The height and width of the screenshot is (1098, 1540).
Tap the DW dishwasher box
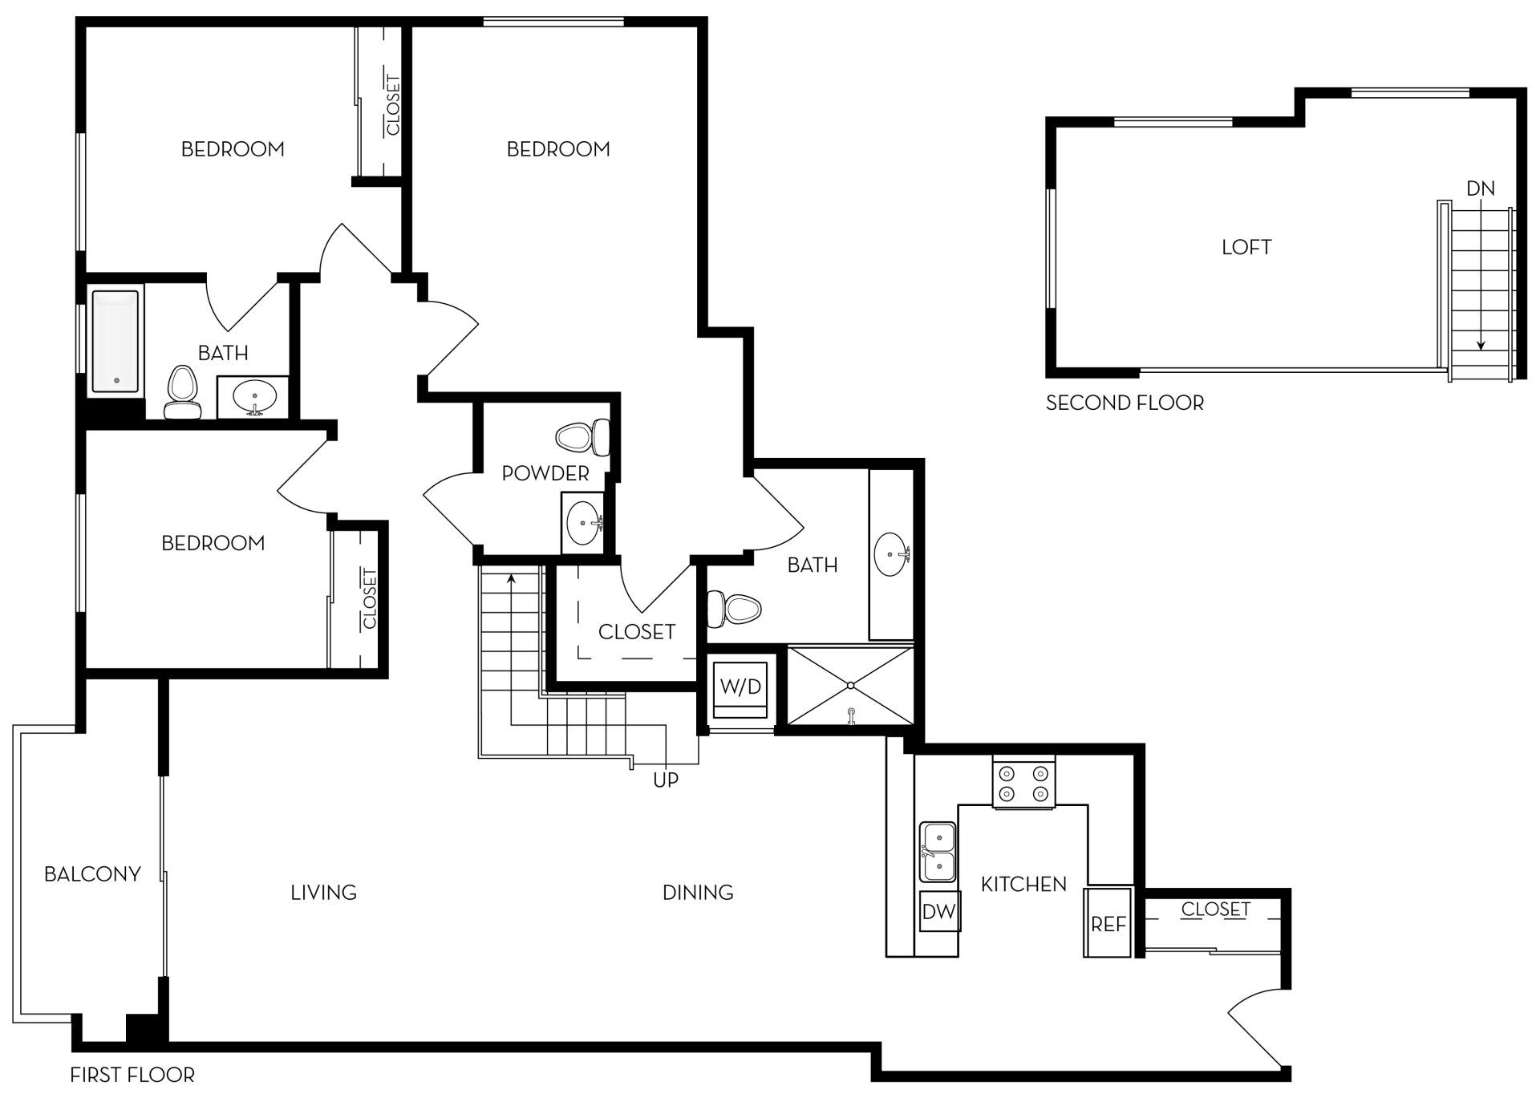[x=938, y=911]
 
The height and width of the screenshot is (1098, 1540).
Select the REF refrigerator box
[x=1108, y=923]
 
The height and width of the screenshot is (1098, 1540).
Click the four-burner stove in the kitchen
[x=1024, y=784]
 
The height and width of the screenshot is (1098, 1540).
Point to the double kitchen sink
[x=938, y=852]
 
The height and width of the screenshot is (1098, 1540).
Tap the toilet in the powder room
[x=584, y=437]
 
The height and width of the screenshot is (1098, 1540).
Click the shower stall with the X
[x=850, y=685]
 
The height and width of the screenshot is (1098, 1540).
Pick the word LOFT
[x=1246, y=247]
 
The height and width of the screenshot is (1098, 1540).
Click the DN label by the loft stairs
[x=1480, y=188]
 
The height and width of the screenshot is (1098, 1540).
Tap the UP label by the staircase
[x=666, y=780]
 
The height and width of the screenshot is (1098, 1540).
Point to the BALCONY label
[x=92, y=873]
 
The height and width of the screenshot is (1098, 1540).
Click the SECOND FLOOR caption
[x=1125, y=403]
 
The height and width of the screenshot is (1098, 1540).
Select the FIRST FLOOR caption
[x=132, y=1074]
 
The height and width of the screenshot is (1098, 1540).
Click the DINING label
[x=698, y=892]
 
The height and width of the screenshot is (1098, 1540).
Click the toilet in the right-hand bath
[x=733, y=610]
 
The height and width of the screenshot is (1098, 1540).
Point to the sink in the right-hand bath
[x=891, y=554]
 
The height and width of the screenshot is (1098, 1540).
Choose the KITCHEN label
[x=1023, y=884]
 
